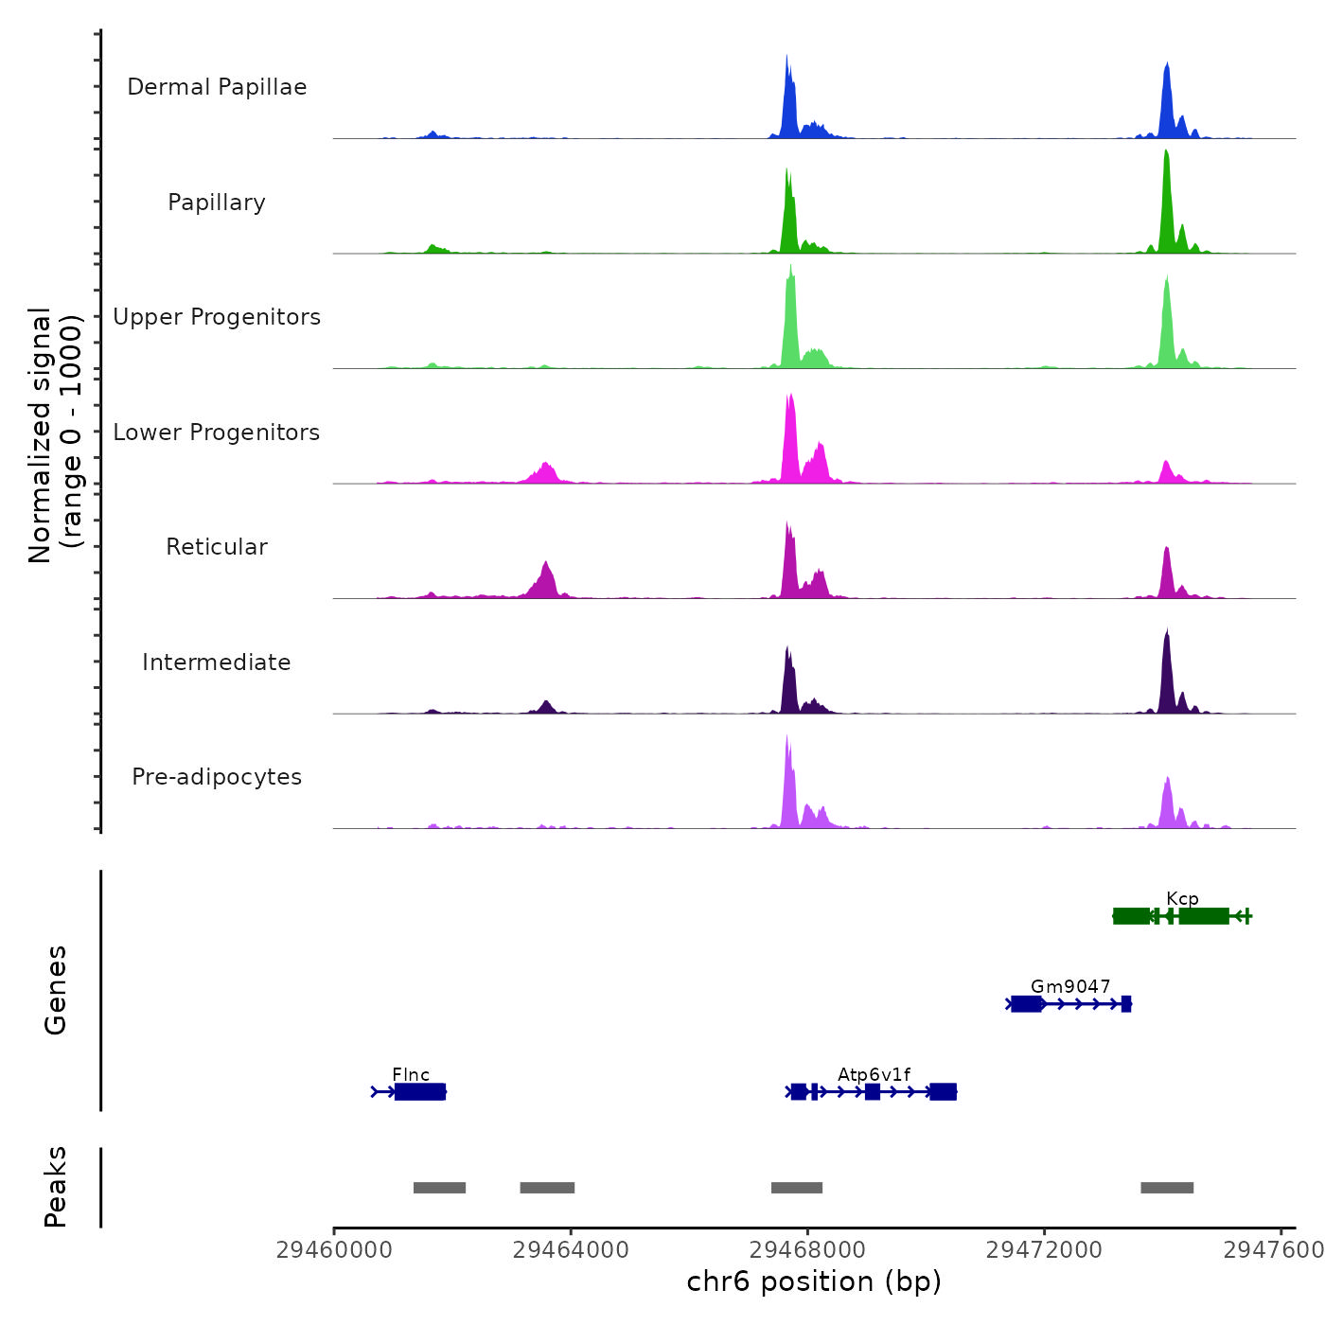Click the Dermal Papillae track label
pos(217,87)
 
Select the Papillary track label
pos(217,203)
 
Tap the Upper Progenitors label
pos(217,317)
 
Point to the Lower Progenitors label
pos(217,433)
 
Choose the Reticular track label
pos(217,547)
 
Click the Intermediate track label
pos(217,662)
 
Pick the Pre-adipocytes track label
pos(217,777)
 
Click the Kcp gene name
pos(1182,899)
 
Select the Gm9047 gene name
pos(1070,987)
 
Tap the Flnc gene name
pos(411,1075)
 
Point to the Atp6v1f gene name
pos(874,1075)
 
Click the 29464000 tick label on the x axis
pos(571,1250)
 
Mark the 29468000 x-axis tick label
pos(807,1250)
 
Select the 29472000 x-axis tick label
pos(1044,1250)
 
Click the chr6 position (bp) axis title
pos(814,1281)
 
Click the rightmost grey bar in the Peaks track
pos(1167,1188)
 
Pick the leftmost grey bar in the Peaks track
pos(439,1188)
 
